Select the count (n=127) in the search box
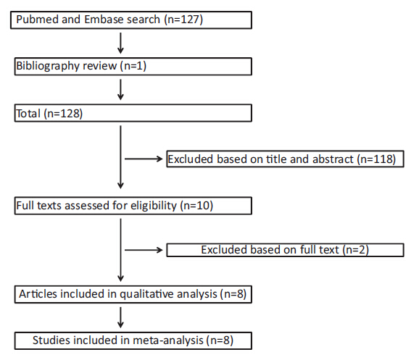[x=183, y=20]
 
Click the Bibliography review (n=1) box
[x=133, y=67]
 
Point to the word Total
[x=28, y=114]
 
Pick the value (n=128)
[x=63, y=114]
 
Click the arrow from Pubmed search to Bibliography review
[x=120, y=43]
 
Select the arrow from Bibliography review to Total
[x=120, y=90]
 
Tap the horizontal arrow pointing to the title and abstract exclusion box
[x=144, y=159]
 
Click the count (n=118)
[x=376, y=159]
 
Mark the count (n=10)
[x=196, y=206]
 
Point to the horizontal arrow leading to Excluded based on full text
[x=144, y=250]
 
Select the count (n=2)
[x=356, y=250]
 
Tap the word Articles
[x=38, y=294]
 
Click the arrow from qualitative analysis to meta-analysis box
[x=120, y=317]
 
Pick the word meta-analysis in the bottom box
[x=168, y=340]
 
